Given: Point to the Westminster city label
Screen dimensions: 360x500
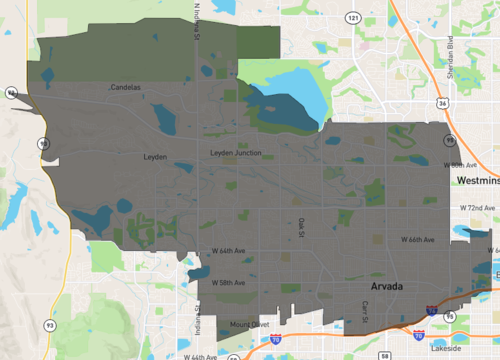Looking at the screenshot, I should [x=477, y=181].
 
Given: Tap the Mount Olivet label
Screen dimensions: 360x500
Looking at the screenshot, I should [x=249, y=324].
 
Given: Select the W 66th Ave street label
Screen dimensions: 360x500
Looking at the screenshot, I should [x=418, y=240].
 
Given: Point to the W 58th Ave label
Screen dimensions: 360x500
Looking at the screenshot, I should [x=228, y=283].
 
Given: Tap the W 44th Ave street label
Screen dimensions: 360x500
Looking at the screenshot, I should [x=199, y=356].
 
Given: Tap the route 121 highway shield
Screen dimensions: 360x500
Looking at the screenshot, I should [x=352, y=18].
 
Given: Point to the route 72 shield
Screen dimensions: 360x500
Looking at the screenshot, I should [x=8, y=92].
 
